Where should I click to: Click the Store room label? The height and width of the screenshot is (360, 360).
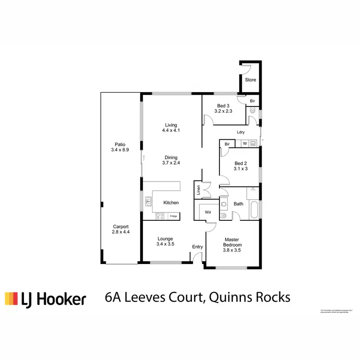click(251, 80)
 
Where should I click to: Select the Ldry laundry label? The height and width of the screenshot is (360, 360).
click(241, 132)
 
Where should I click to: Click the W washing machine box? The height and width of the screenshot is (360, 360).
click(244, 144)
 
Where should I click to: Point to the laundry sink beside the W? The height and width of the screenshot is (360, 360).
click(252, 144)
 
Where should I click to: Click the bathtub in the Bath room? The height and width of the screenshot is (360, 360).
click(255, 210)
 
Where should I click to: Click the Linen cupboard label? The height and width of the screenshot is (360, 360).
click(197, 190)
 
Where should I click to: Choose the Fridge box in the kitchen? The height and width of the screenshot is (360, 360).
click(173, 216)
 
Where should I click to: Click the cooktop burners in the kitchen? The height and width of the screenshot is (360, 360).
click(160, 216)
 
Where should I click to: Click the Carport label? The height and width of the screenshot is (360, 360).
click(120, 227)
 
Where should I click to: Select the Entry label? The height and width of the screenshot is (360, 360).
click(197, 247)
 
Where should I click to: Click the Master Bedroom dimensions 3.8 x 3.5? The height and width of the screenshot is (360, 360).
click(232, 250)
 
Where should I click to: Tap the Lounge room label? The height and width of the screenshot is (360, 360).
click(165, 239)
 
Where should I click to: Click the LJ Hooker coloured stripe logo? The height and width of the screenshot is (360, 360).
click(11, 299)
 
